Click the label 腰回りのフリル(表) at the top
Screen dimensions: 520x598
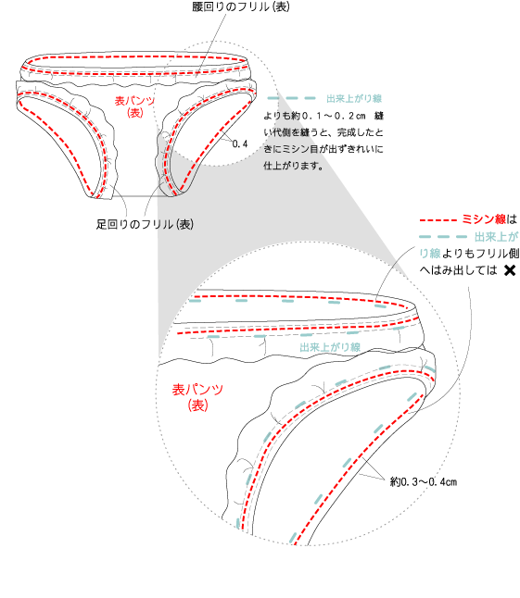(x=241, y=6)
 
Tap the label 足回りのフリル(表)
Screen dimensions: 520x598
(x=145, y=224)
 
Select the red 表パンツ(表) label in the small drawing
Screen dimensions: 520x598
(x=134, y=106)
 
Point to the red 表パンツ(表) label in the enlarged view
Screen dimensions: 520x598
(x=197, y=397)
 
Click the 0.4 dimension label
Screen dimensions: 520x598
(x=240, y=143)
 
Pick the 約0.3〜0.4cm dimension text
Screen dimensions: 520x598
(x=424, y=481)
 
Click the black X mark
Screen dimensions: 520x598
(x=510, y=270)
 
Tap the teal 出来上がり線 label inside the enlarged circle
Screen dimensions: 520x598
(x=330, y=347)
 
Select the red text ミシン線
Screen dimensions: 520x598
(x=484, y=219)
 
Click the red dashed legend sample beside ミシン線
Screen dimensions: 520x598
(x=438, y=220)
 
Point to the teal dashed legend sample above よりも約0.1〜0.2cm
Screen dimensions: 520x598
(x=291, y=98)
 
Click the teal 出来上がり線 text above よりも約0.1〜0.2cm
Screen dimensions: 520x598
(x=354, y=98)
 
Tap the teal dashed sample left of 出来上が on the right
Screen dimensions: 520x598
(x=443, y=237)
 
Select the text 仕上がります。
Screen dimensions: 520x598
(x=294, y=166)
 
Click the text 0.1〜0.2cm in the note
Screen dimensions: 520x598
(x=334, y=116)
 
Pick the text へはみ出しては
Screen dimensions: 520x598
(x=458, y=270)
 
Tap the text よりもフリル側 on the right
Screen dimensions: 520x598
(x=480, y=254)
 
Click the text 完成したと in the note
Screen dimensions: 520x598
(x=360, y=132)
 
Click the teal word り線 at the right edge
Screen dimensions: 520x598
(x=429, y=254)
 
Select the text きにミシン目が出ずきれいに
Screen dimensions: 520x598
(x=323, y=149)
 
